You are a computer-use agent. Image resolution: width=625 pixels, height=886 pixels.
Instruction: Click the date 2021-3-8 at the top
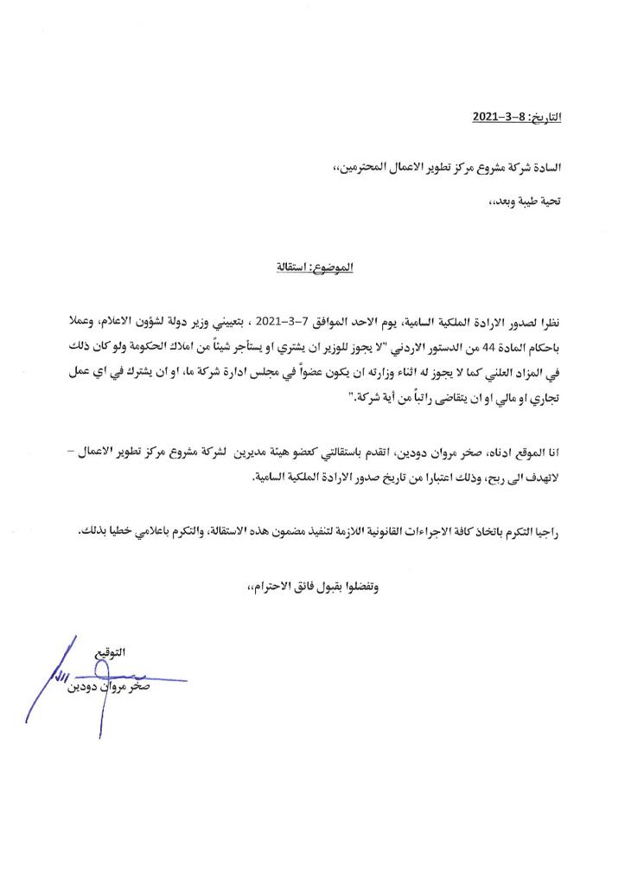point(500,115)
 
